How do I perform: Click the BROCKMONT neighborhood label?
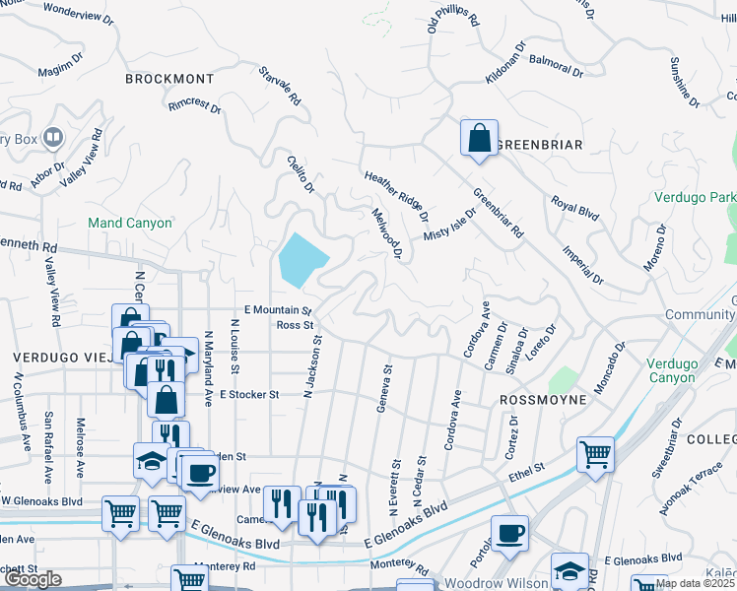point(169,78)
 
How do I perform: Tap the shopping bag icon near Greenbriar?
point(479,139)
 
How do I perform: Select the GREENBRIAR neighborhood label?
point(539,145)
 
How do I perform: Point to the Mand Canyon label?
point(130,224)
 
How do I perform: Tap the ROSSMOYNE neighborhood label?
point(544,401)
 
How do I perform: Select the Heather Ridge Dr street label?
point(396,196)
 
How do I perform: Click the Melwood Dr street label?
point(387,233)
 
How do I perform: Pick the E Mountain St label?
point(272,310)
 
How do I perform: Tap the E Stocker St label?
point(249,394)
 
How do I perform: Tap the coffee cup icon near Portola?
point(509,534)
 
